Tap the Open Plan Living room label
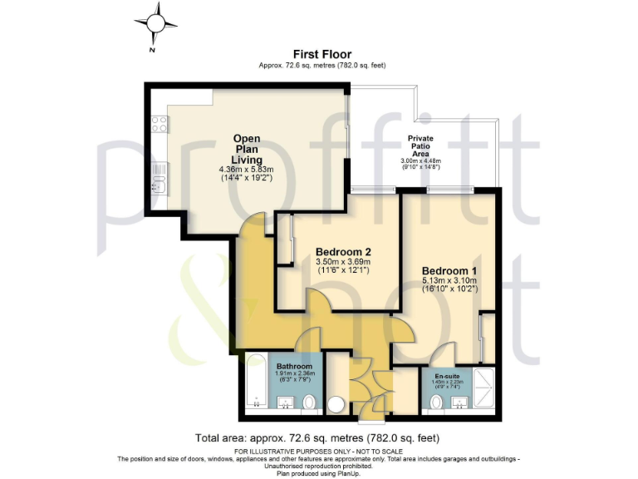[x=247, y=149]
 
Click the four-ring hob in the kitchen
[x=159, y=125]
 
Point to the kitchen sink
[x=159, y=174]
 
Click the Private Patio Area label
[x=421, y=146]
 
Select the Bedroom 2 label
[x=342, y=252]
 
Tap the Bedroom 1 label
[x=449, y=272]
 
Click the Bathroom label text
[x=294, y=366]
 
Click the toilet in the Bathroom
[x=308, y=403]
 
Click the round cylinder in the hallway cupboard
[x=336, y=405]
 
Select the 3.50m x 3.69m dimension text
[x=342, y=262]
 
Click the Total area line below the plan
[x=317, y=437]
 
